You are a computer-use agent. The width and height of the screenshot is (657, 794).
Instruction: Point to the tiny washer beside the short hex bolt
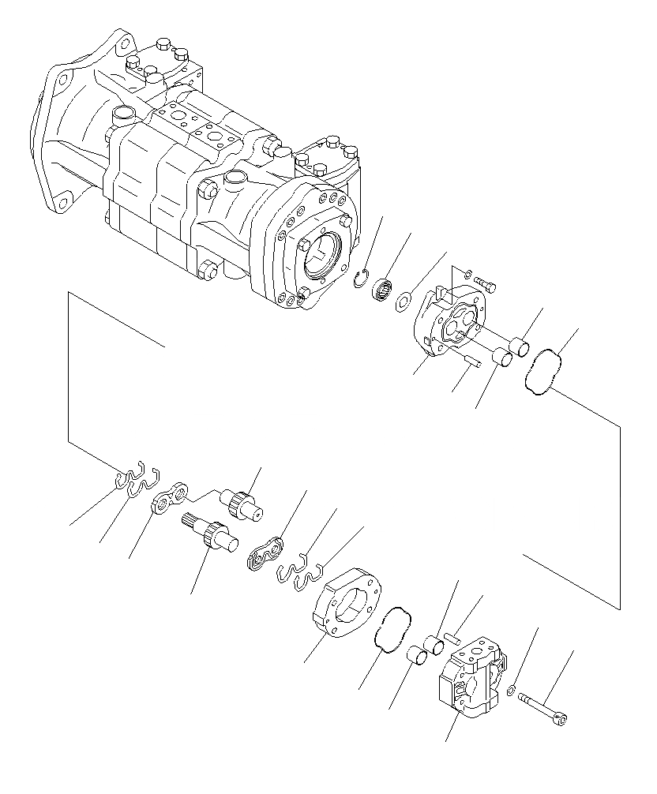[467, 274]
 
